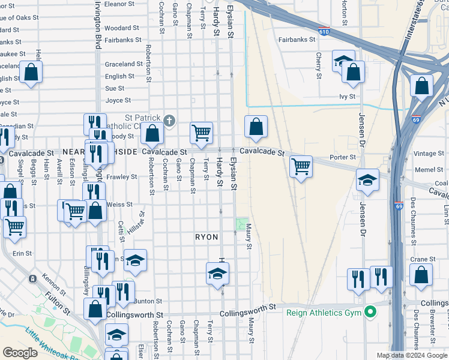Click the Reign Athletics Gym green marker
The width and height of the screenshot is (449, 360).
pos(371,311)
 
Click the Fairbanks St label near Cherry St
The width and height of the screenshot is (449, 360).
pos(297,40)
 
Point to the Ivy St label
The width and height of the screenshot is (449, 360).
pos(347,96)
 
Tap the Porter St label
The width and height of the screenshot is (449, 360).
pos(343,157)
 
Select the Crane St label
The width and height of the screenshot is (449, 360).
pos(424,259)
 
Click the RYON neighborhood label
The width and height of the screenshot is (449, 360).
pos(206,238)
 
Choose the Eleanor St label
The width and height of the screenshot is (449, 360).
pos(118,4)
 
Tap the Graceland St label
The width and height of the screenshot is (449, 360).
pos(123,64)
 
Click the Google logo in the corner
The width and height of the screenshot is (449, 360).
pos(20,353)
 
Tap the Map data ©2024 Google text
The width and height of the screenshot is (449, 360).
pos(411,355)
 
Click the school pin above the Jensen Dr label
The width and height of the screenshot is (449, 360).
pos(367,180)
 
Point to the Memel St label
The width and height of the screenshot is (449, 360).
pos(429,170)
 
